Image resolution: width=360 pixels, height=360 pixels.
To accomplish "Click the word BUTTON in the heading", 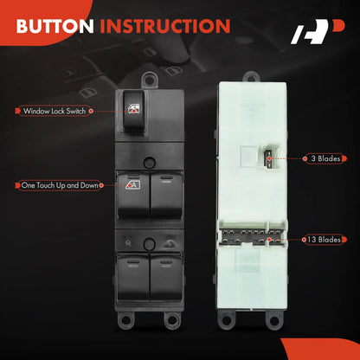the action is [55, 26].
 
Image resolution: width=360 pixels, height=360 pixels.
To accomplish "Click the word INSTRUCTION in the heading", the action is [165, 26].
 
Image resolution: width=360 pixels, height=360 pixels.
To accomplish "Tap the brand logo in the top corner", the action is [318, 32].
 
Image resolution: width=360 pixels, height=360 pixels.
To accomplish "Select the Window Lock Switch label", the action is [55, 111].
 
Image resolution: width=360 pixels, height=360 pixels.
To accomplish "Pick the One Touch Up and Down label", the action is [60, 185].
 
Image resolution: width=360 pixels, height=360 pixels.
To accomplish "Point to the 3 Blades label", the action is [325, 158].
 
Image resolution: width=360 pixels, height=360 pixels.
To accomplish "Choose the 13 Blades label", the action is [324, 240].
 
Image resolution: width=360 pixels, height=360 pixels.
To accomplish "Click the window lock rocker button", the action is [133, 111].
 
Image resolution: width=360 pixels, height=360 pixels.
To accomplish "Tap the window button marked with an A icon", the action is [133, 194].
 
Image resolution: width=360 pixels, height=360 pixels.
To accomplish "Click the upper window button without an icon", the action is [166, 194].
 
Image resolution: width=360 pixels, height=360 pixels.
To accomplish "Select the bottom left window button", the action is [133, 276].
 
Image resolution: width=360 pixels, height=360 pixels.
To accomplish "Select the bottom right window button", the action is [166, 276].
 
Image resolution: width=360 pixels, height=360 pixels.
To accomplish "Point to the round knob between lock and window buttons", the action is [150, 163].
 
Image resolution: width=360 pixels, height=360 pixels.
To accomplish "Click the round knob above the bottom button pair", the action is [150, 244].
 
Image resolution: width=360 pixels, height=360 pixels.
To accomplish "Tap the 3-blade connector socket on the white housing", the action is [271, 158].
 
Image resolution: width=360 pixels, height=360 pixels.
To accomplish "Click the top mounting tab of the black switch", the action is [150, 80].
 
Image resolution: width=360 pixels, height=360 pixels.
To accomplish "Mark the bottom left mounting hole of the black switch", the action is [126, 319].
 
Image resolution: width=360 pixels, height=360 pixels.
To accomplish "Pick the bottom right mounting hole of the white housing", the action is [273, 319].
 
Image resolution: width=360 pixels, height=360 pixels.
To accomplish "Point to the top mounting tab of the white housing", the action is [251, 77].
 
